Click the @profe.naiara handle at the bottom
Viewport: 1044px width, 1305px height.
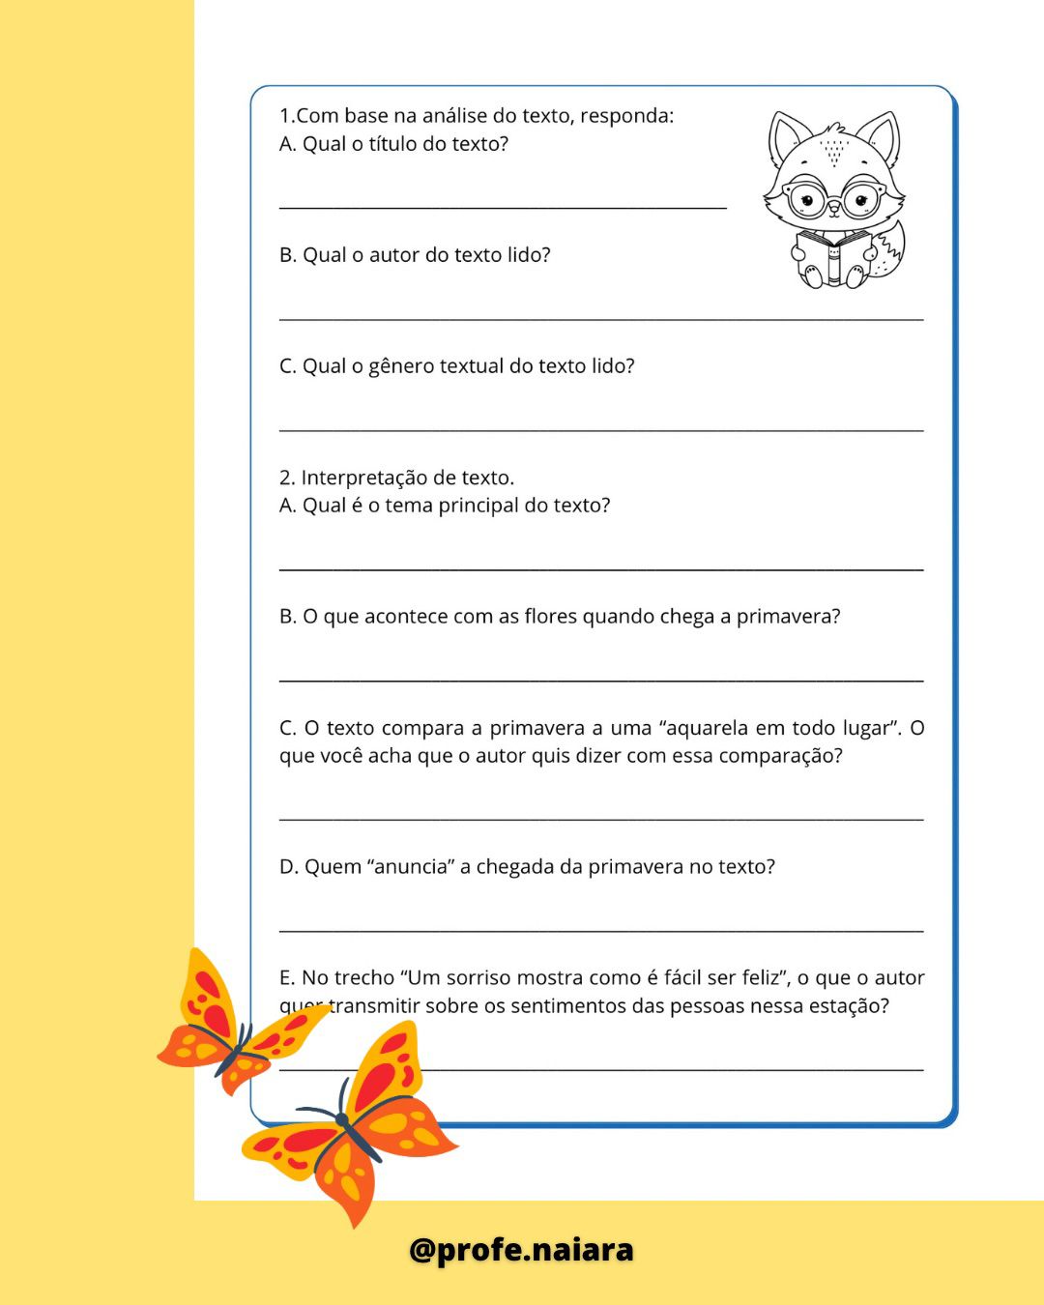521,1250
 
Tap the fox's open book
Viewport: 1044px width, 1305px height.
832,257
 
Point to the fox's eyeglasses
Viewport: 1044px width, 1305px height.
832,200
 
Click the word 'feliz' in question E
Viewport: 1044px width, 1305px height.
760,978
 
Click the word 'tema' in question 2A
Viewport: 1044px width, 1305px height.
409,506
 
